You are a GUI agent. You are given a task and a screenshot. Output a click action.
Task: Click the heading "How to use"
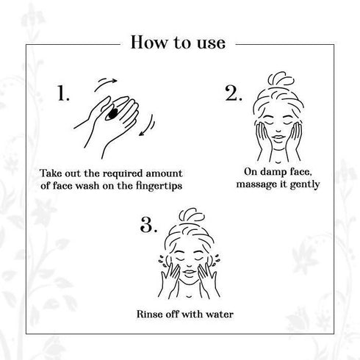178,43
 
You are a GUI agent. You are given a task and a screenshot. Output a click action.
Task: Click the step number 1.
63,93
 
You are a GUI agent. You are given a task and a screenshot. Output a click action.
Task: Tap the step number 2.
234,93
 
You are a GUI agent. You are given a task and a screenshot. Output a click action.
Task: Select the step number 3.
148,225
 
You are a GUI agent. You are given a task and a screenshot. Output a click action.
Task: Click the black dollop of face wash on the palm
113,113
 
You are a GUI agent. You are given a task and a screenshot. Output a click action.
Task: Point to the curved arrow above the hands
105,83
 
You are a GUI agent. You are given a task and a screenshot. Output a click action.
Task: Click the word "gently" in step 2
305,184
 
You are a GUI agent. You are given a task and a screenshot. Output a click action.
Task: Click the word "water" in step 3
220,314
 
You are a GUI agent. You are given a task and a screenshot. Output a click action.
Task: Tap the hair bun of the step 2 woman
281,79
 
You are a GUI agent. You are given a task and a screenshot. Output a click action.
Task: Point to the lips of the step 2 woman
278,137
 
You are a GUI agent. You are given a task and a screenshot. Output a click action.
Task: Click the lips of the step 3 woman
189,273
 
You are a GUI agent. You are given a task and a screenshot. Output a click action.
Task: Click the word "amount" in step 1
164,174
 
